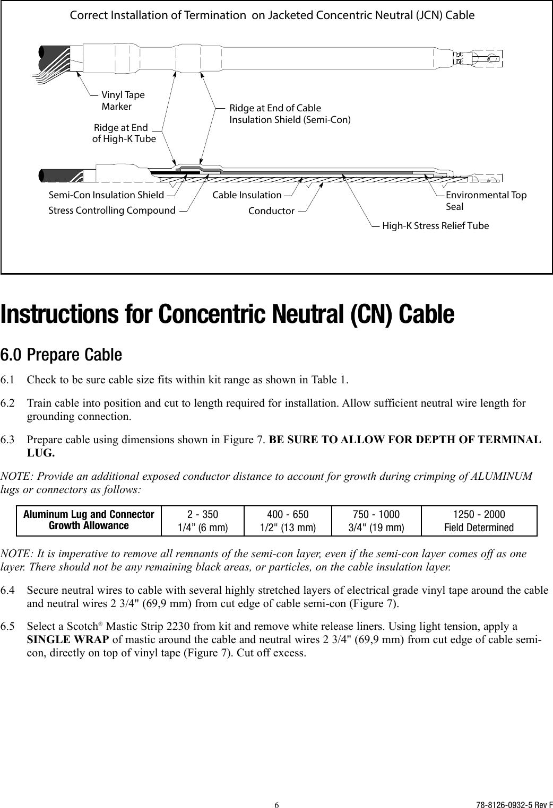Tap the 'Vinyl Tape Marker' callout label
click(123, 101)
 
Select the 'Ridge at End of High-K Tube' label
click(124, 133)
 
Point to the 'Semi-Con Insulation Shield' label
click(106, 195)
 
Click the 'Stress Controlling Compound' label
click(112, 210)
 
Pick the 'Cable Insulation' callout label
click(247, 195)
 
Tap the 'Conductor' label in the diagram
click(271, 211)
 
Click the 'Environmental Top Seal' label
click(486, 200)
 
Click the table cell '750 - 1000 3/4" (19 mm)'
click(376, 521)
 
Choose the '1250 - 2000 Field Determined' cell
click(478, 521)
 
